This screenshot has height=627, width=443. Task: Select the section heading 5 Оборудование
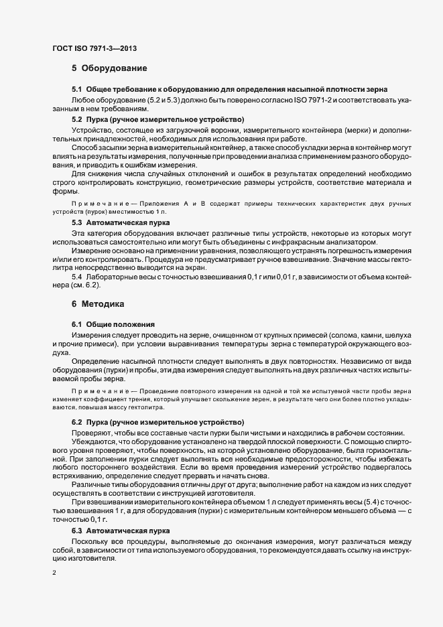(x=109, y=68)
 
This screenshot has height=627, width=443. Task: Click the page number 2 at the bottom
(x=54, y=573)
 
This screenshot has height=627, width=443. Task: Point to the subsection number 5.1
(x=76, y=90)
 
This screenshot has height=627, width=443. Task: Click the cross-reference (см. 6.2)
(x=85, y=285)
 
